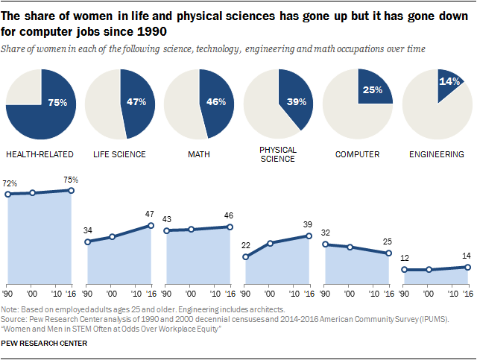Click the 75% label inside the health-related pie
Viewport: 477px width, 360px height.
pyautogui.click(x=58, y=102)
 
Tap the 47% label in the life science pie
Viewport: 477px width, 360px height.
pyautogui.click(x=134, y=102)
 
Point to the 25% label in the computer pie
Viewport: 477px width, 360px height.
pyautogui.click(x=373, y=90)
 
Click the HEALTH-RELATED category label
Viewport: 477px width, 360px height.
pyautogui.click(x=40, y=155)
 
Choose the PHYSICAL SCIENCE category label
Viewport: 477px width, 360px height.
pyautogui.click(x=279, y=154)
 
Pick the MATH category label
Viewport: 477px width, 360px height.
pyautogui.click(x=199, y=155)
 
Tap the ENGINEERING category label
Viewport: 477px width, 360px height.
pyautogui.click(x=437, y=155)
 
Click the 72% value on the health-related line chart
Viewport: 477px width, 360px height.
pyautogui.click(x=10, y=183)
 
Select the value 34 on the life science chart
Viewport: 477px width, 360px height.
pyautogui.click(x=89, y=230)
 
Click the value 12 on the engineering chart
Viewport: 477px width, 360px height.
pyautogui.click(x=405, y=259)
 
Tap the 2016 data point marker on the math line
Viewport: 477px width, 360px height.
pyautogui.click(x=230, y=227)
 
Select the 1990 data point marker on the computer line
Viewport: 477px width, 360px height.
pyautogui.click(x=326, y=243)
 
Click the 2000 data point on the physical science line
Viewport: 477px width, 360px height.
pyautogui.click(x=271, y=243)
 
